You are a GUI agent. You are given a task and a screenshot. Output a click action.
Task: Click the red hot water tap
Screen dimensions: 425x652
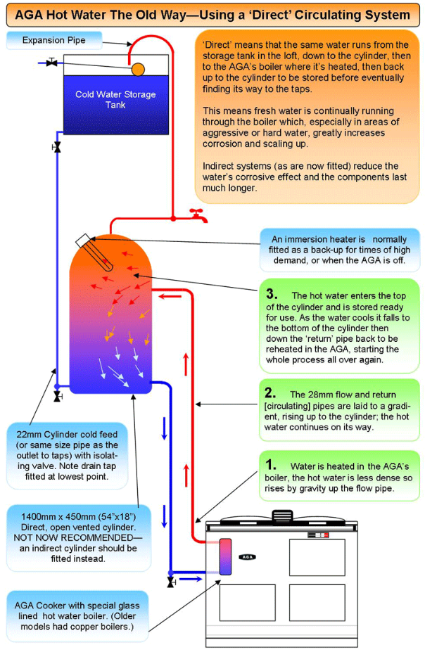pos(198,215)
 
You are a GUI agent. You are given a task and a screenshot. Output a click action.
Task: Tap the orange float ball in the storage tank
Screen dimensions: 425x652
pos(138,69)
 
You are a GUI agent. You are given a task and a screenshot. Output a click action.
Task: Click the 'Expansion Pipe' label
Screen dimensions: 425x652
pos(53,40)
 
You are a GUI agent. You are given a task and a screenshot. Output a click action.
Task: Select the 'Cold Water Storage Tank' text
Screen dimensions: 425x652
pos(115,99)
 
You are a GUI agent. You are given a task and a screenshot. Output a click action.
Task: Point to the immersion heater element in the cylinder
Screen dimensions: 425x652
pos(94,253)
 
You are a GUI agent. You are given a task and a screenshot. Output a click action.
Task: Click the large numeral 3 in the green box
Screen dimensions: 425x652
pos(272,294)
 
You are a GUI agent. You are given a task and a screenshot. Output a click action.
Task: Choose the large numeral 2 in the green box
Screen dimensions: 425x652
pos(270,392)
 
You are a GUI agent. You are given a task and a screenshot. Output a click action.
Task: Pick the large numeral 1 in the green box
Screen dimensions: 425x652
pos(271,464)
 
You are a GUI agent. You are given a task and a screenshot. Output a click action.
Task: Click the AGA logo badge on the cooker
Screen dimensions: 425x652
pos(247,557)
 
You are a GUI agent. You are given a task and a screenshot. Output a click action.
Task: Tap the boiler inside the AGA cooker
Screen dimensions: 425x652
pos(225,557)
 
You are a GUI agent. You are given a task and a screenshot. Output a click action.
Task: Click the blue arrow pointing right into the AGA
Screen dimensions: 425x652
pos(191,579)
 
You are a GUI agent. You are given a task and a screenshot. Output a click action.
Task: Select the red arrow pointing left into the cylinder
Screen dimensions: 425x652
pos(170,297)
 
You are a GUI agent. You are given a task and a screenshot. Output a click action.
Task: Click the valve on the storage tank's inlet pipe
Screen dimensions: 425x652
pos(51,63)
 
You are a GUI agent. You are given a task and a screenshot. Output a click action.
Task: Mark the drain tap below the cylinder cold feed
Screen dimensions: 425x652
pos(58,397)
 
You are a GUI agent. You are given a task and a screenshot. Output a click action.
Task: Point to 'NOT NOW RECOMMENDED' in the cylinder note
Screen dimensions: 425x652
pos(78,537)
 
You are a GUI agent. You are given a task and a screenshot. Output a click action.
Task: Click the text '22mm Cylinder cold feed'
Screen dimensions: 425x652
pos(67,435)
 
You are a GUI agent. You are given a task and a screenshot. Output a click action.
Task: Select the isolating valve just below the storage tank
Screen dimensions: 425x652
pos(57,147)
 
